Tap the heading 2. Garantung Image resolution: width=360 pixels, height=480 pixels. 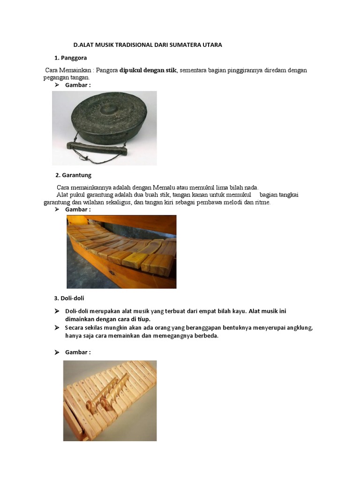73,175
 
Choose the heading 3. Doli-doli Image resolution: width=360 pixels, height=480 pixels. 69,298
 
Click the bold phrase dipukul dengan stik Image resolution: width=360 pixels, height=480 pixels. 148,70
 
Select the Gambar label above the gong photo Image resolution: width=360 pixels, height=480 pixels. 77,84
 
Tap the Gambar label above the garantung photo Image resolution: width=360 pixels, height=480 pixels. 77,209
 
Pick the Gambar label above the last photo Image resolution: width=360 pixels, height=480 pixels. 77,352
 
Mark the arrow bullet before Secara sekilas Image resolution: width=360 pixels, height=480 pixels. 57,328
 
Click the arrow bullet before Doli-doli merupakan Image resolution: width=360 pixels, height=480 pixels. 57,311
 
